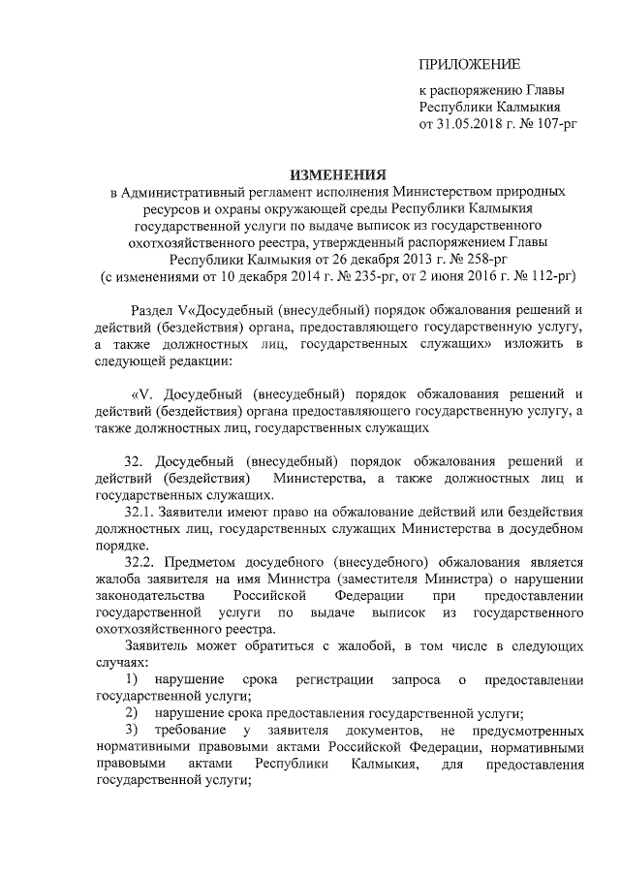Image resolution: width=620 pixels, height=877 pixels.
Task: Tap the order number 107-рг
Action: point(552,125)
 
